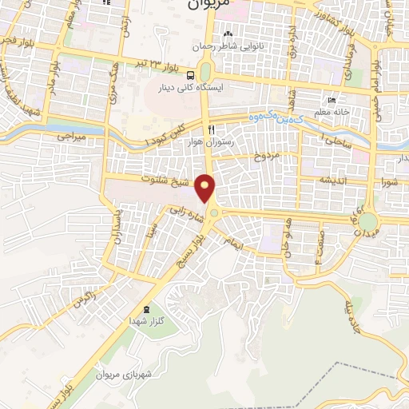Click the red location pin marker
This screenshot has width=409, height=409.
(x=206, y=189)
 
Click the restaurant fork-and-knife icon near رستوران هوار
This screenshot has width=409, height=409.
(x=211, y=129)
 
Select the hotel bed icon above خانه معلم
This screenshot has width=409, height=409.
(x=332, y=101)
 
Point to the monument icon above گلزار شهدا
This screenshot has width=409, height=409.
(x=145, y=309)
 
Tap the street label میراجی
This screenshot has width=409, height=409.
(x=69, y=137)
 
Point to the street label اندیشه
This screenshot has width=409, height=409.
(x=332, y=181)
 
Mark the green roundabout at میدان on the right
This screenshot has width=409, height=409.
(x=367, y=220)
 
